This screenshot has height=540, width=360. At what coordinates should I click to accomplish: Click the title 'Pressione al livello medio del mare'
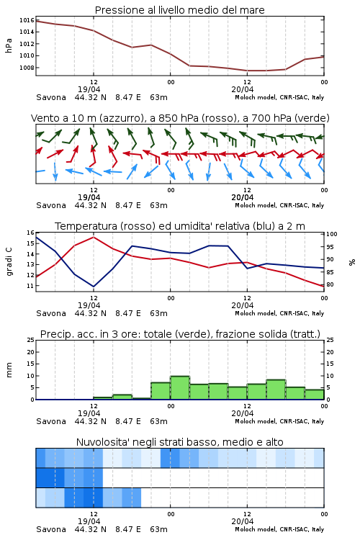(x=179, y=10)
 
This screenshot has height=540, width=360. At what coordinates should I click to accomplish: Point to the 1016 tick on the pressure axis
(x=27, y=20)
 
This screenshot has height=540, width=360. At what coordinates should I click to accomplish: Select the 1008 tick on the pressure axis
(x=27, y=68)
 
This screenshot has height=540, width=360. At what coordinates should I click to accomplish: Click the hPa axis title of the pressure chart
(x=9, y=45)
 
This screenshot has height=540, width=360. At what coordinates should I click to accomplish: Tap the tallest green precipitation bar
(x=180, y=388)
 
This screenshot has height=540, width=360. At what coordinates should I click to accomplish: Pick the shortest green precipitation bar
(x=141, y=399)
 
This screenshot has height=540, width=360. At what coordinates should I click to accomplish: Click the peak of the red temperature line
(x=94, y=237)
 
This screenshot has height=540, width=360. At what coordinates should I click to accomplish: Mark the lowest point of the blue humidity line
(x=94, y=287)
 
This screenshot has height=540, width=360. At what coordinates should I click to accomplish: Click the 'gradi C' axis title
(x=9, y=261)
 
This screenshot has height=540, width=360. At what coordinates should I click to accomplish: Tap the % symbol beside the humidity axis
(x=352, y=262)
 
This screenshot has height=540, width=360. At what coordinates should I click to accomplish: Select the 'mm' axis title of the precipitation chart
(x=9, y=370)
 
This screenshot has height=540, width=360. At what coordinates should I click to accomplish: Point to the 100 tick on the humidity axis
(x=332, y=234)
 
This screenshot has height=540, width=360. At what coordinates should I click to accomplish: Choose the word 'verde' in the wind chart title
(x=312, y=118)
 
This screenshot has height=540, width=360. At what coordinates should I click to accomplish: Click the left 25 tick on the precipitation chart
(x=31, y=340)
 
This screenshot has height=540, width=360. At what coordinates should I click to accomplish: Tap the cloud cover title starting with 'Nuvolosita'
(x=179, y=442)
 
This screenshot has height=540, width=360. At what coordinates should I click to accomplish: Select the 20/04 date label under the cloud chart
(x=243, y=521)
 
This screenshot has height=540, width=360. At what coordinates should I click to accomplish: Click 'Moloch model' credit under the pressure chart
(x=256, y=97)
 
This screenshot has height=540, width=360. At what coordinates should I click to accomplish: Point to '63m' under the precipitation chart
(x=159, y=421)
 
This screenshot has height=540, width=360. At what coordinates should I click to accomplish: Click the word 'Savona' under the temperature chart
(x=51, y=313)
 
